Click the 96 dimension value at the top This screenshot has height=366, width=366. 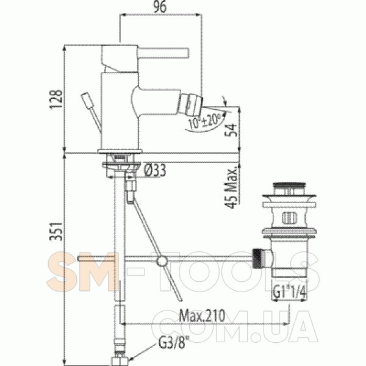tap(160, 7)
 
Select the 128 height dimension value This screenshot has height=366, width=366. tap(57, 99)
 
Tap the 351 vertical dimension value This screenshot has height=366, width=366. tap(57, 231)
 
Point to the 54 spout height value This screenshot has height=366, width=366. tap(231, 130)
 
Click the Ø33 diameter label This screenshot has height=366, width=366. tap(154, 170)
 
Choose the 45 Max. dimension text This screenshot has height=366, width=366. tap(232, 187)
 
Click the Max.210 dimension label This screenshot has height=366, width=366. tap(202, 315)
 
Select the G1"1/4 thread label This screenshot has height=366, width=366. tap(290, 292)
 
